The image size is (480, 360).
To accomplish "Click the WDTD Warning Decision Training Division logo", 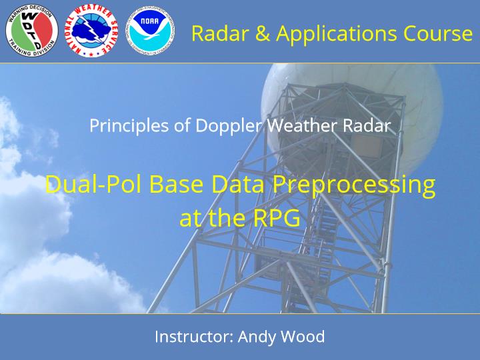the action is [31, 31].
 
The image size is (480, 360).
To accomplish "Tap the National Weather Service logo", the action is [91, 31].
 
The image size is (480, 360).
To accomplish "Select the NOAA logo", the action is [150, 31].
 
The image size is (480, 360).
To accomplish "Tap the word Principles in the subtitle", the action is [129, 126].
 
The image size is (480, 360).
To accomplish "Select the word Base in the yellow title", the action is [177, 184].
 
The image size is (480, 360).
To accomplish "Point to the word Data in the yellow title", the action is [237, 184].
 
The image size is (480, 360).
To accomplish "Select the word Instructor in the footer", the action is [195, 337].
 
